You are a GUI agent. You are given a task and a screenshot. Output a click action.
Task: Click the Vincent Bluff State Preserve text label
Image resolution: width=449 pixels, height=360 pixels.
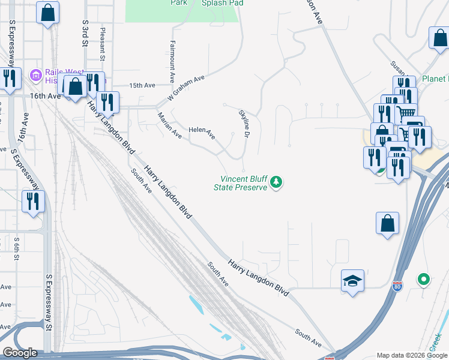point(240,183)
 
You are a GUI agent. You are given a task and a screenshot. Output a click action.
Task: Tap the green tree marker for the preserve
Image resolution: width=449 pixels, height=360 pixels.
point(276,181)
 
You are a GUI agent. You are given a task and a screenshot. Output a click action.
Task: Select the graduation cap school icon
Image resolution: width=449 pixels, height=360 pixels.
point(352,281)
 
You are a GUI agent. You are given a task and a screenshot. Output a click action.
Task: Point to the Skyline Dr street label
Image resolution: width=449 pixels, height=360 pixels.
point(244,123)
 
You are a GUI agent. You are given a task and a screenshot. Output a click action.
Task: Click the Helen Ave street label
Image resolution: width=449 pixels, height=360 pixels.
point(202,133)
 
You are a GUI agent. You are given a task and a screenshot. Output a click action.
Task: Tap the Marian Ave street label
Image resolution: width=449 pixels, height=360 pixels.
point(170,125)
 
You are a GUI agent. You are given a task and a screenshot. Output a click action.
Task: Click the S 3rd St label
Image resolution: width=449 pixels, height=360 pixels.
point(85,33)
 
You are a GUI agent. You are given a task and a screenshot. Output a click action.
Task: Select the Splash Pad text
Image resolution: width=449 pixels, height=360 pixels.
point(223,3)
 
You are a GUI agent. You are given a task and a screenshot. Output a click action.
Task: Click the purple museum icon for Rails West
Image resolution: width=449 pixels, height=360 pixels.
point(35,75)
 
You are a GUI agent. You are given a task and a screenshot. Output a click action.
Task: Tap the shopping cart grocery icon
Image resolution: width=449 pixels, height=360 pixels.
point(406,112)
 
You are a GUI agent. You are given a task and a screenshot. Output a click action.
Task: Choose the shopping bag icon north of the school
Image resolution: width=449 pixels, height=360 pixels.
point(387,223)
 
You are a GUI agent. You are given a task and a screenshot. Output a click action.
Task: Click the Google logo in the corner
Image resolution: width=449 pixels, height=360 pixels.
point(20,353)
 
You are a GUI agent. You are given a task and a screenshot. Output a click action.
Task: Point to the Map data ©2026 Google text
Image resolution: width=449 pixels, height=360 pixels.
point(411,355)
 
